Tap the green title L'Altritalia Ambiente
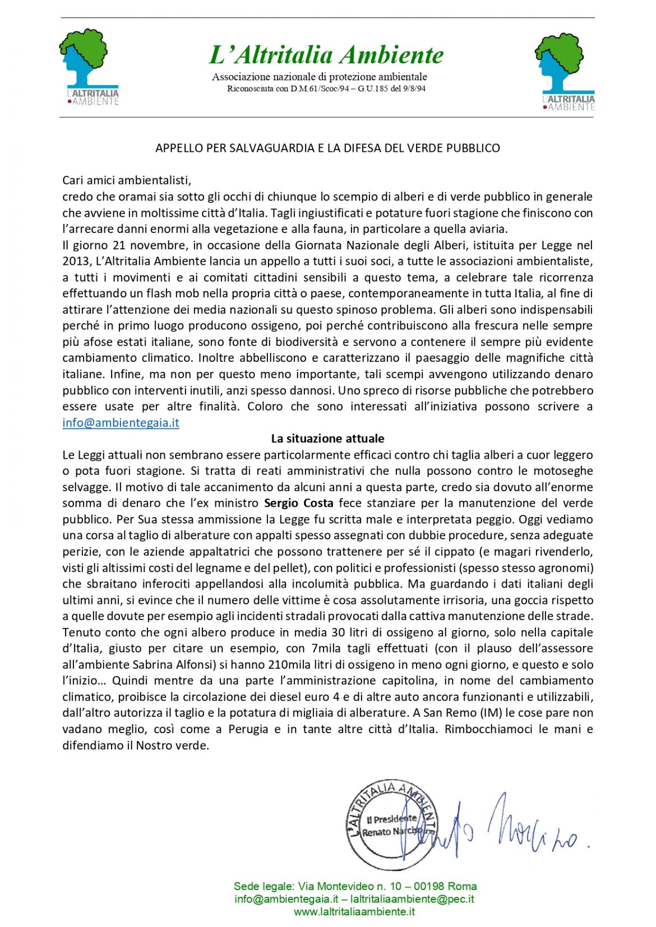point(326,55)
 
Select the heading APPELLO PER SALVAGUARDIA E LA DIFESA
point(327,148)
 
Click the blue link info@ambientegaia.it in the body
point(121,423)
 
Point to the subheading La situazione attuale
point(327,439)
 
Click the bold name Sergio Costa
point(298,503)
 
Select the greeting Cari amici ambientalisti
point(127,180)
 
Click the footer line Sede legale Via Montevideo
point(355,886)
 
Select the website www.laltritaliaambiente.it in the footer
point(354,911)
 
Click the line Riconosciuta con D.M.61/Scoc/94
point(326,88)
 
